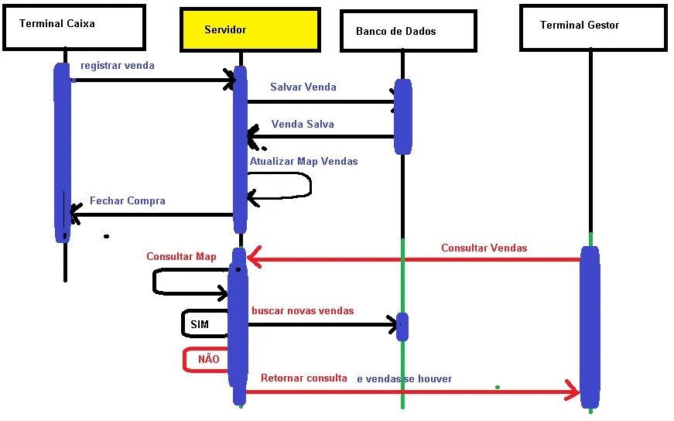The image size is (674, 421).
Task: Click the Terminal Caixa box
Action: [x=74, y=28]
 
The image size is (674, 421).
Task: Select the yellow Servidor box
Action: [x=250, y=29]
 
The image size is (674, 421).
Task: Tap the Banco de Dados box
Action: [x=409, y=31]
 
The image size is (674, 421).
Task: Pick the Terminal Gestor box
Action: [x=594, y=28]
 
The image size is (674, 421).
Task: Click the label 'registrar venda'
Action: [x=118, y=65]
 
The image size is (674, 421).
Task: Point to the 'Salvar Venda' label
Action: [x=303, y=87]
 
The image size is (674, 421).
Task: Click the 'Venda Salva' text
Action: [x=303, y=125]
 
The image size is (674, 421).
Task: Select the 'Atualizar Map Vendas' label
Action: [x=303, y=161]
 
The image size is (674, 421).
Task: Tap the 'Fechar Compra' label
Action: [x=127, y=200]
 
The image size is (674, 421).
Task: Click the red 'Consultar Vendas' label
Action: [x=484, y=248]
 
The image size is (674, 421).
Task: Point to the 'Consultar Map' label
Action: [x=181, y=256]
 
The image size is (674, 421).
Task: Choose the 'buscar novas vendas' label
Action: [x=303, y=310]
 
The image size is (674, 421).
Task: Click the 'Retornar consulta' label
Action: [x=304, y=378]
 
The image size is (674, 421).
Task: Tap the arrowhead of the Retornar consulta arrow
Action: [x=574, y=391]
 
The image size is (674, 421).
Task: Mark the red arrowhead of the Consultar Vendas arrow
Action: [x=254, y=257]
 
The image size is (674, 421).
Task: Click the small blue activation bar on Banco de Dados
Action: [x=402, y=327]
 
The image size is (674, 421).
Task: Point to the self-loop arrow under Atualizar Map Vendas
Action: [x=310, y=186]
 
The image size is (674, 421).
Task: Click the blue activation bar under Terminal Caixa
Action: [x=63, y=152]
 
